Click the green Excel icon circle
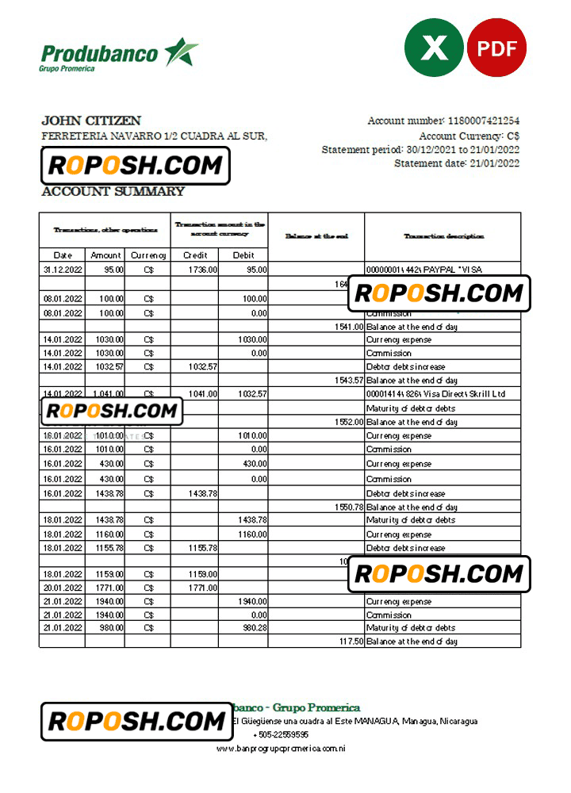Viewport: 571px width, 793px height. tap(435, 48)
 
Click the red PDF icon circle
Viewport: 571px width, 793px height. tap(497, 48)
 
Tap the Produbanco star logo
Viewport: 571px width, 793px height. tap(182, 52)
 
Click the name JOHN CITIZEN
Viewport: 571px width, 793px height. tap(91, 121)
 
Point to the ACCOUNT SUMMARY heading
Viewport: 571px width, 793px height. tap(113, 191)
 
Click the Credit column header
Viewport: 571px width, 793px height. tap(195, 255)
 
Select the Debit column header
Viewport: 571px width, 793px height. tap(243, 255)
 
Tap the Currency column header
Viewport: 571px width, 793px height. tap(149, 255)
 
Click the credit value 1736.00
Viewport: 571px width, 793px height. tap(202, 270)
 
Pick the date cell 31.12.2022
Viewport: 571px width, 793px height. tap(63, 270)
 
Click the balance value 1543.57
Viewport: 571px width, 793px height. tap(348, 381)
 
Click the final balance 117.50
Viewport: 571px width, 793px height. tap(351, 642)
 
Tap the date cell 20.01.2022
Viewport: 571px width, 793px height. tap(63, 588)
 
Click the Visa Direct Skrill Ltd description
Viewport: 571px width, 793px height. tap(442, 394)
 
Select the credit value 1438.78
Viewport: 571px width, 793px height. tap(202, 493)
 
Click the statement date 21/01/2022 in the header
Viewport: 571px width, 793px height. tap(495, 163)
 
